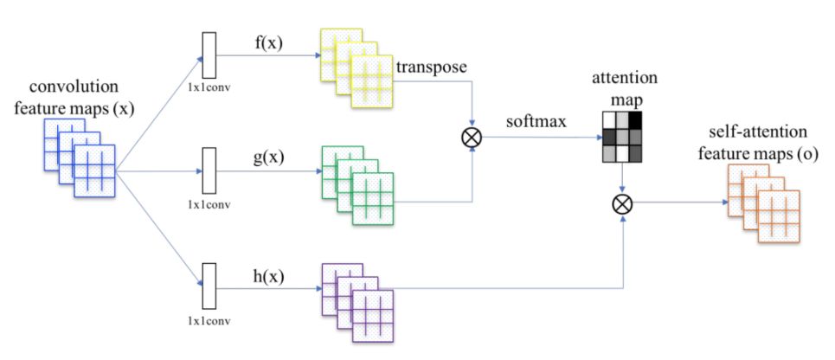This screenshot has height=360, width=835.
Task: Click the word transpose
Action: click(x=430, y=67)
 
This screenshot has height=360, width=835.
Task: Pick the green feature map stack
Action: click(x=357, y=185)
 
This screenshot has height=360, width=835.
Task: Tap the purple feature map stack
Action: click(x=357, y=302)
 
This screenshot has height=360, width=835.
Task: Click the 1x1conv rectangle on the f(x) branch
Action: click(x=208, y=55)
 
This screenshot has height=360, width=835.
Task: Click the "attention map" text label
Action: click(x=625, y=87)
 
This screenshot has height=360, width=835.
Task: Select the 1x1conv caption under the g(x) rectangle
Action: click(x=208, y=206)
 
